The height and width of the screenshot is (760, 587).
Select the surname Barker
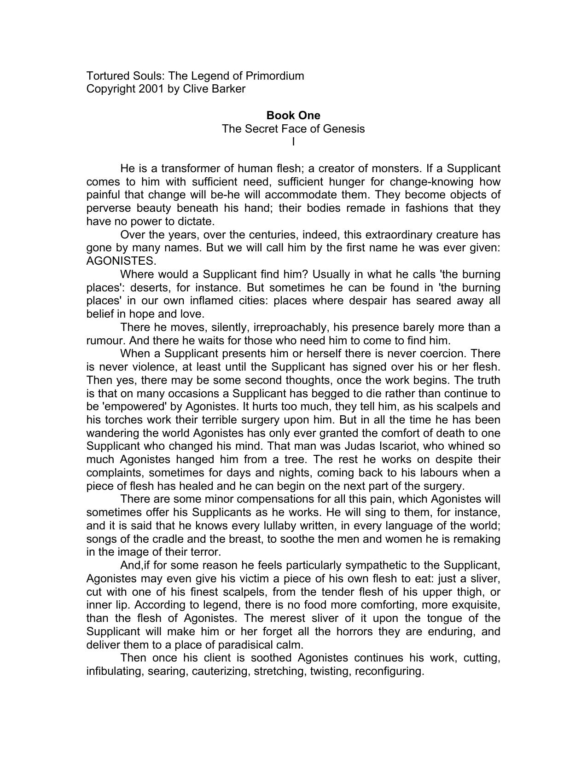click(x=228, y=89)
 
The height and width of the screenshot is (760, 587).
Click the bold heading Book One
click(x=293, y=116)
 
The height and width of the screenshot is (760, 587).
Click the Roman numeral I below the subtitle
click(x=293, y=142)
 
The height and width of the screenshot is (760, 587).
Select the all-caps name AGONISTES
click(x=121, y=261)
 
